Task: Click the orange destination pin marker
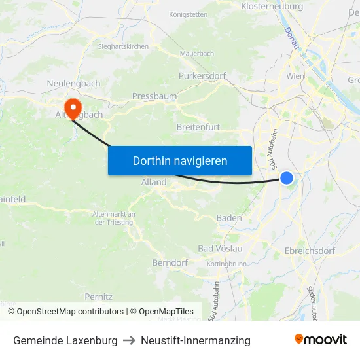(x=71, y=106)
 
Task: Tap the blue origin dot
(x=287, y=177)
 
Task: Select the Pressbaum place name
(x=154, y=96)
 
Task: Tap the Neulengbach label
(x=73, y=84)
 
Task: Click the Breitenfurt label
(x=198, y=127)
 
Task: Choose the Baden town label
(x=229, y=218)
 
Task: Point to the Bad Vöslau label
(x=221, y=249)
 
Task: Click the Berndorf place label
(x=170, y=262)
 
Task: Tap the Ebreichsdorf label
(x=310, y=251)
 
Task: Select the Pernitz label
(x=99, y=297)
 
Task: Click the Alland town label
(x=154, y=182)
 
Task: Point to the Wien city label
(x=295, y=76)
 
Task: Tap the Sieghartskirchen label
(x=124, y=46)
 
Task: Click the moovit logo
(x=321, y=340)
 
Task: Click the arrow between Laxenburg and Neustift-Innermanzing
(x=129, y=340)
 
